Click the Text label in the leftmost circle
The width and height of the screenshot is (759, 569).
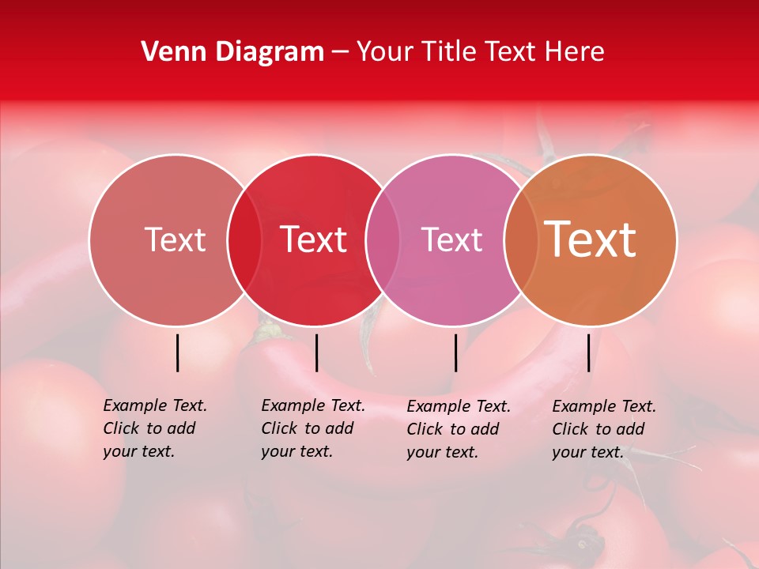[x=175, y=239]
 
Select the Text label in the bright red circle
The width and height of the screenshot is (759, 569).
[x=314, y=239]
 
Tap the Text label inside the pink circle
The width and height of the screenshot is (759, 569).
[x=451, y=239]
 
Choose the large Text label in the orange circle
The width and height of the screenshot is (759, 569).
[x=591, y=239]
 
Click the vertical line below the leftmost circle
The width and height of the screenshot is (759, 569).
[x=177, y=352]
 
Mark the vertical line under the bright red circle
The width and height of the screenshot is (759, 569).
[x=316, y=352]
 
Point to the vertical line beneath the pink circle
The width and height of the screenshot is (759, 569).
[x=455, y=352]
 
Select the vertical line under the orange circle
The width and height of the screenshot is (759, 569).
[x=588, y=352]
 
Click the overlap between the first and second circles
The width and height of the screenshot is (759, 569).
[x=244, y=239]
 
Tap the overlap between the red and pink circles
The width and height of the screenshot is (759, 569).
[x=383, y=239]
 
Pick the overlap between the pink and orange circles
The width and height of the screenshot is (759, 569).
[x=521, y=239]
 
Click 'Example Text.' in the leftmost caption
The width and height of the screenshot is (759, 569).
[x=155, y=405]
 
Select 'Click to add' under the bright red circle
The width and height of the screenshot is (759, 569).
[x=308, y=428]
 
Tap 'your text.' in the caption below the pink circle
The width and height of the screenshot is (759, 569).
[x=443, y=452]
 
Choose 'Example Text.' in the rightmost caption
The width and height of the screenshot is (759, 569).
[x=604, y=406]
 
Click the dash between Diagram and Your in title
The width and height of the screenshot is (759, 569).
[x=340, y=52]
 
